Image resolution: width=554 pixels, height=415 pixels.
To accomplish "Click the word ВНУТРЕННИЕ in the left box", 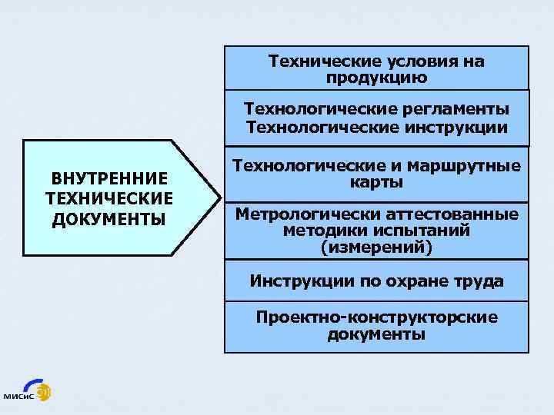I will (x=109, y=179).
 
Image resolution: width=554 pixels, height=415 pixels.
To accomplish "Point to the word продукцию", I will (x=376, y=78).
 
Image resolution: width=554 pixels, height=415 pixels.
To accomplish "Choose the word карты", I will (x=376, y=184).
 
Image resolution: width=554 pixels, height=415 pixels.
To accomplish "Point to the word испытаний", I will (x=416, y=231).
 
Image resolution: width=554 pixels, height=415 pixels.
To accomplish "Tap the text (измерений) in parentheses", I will (x=376, y=247).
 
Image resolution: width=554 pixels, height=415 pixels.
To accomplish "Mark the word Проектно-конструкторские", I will (x=376, y=317).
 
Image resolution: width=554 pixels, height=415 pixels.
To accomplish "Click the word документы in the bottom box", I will (x=376, y=334).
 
